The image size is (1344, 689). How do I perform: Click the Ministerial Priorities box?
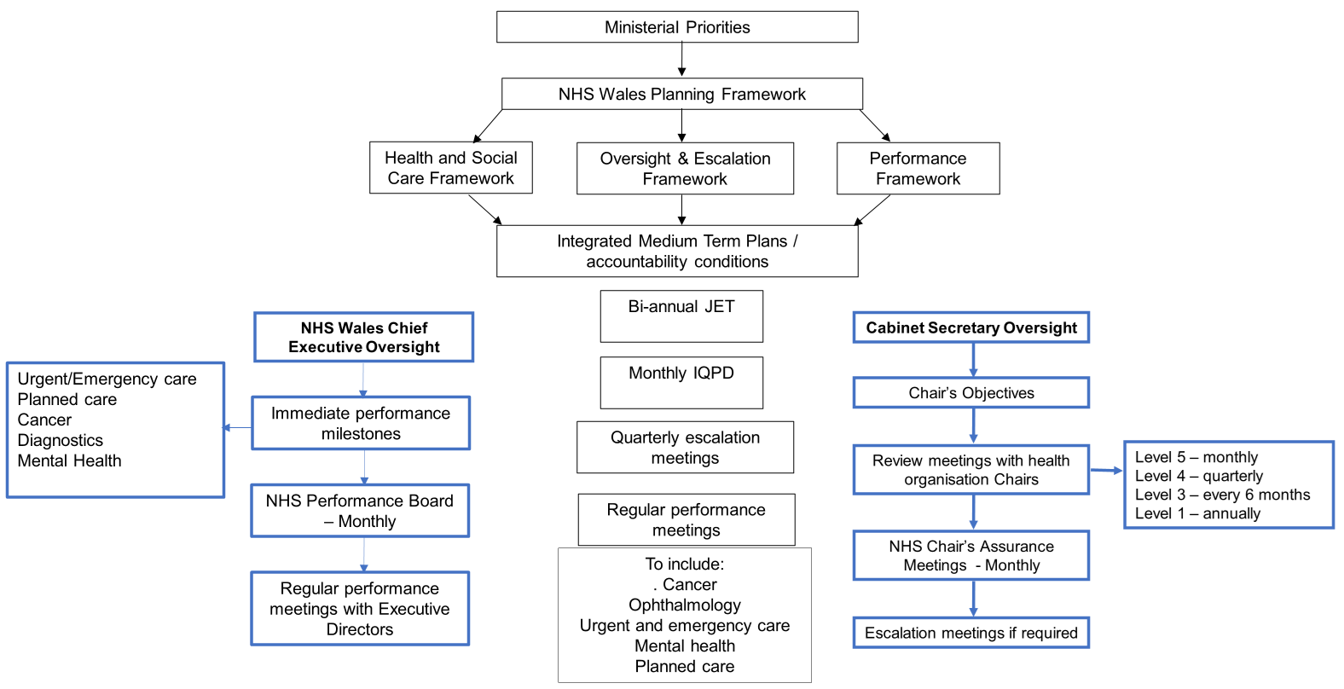677,27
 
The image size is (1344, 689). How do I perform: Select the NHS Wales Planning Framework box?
681,94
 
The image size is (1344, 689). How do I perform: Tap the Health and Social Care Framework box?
450,168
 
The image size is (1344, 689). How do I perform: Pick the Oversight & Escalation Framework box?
685,169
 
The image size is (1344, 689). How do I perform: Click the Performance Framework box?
918,169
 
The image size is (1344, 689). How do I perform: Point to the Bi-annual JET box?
681,316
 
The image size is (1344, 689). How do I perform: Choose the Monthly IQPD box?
681,382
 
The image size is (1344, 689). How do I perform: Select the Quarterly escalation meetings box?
685,448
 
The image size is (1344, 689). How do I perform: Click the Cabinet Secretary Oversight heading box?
971,327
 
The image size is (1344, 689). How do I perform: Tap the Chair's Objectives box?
971,393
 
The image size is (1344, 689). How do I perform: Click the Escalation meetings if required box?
971,633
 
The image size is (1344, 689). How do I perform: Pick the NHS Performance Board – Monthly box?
360,511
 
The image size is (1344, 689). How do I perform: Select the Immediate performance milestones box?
361,423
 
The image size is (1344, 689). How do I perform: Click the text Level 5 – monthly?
1196,457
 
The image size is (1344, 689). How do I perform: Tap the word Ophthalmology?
685,605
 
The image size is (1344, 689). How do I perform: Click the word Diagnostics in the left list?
61,440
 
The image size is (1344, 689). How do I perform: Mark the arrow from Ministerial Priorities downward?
681,60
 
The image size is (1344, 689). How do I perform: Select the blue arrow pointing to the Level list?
1107,470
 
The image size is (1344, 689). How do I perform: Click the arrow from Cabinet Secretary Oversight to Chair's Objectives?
973,361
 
